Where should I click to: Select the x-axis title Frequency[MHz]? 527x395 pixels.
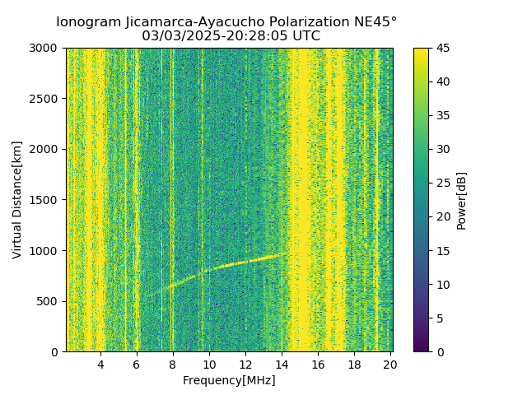[229, 380]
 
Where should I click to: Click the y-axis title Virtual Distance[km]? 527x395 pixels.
[17, 200]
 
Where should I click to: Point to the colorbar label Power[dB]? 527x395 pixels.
[461, 200]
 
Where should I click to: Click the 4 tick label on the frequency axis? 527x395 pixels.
[100, 365]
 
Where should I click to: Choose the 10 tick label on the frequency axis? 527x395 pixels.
[209, 365]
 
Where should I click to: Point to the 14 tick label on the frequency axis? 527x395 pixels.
[282, 365]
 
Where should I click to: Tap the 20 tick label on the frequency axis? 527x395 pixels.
[390, 365]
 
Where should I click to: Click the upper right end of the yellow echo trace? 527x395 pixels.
[287, 253]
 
